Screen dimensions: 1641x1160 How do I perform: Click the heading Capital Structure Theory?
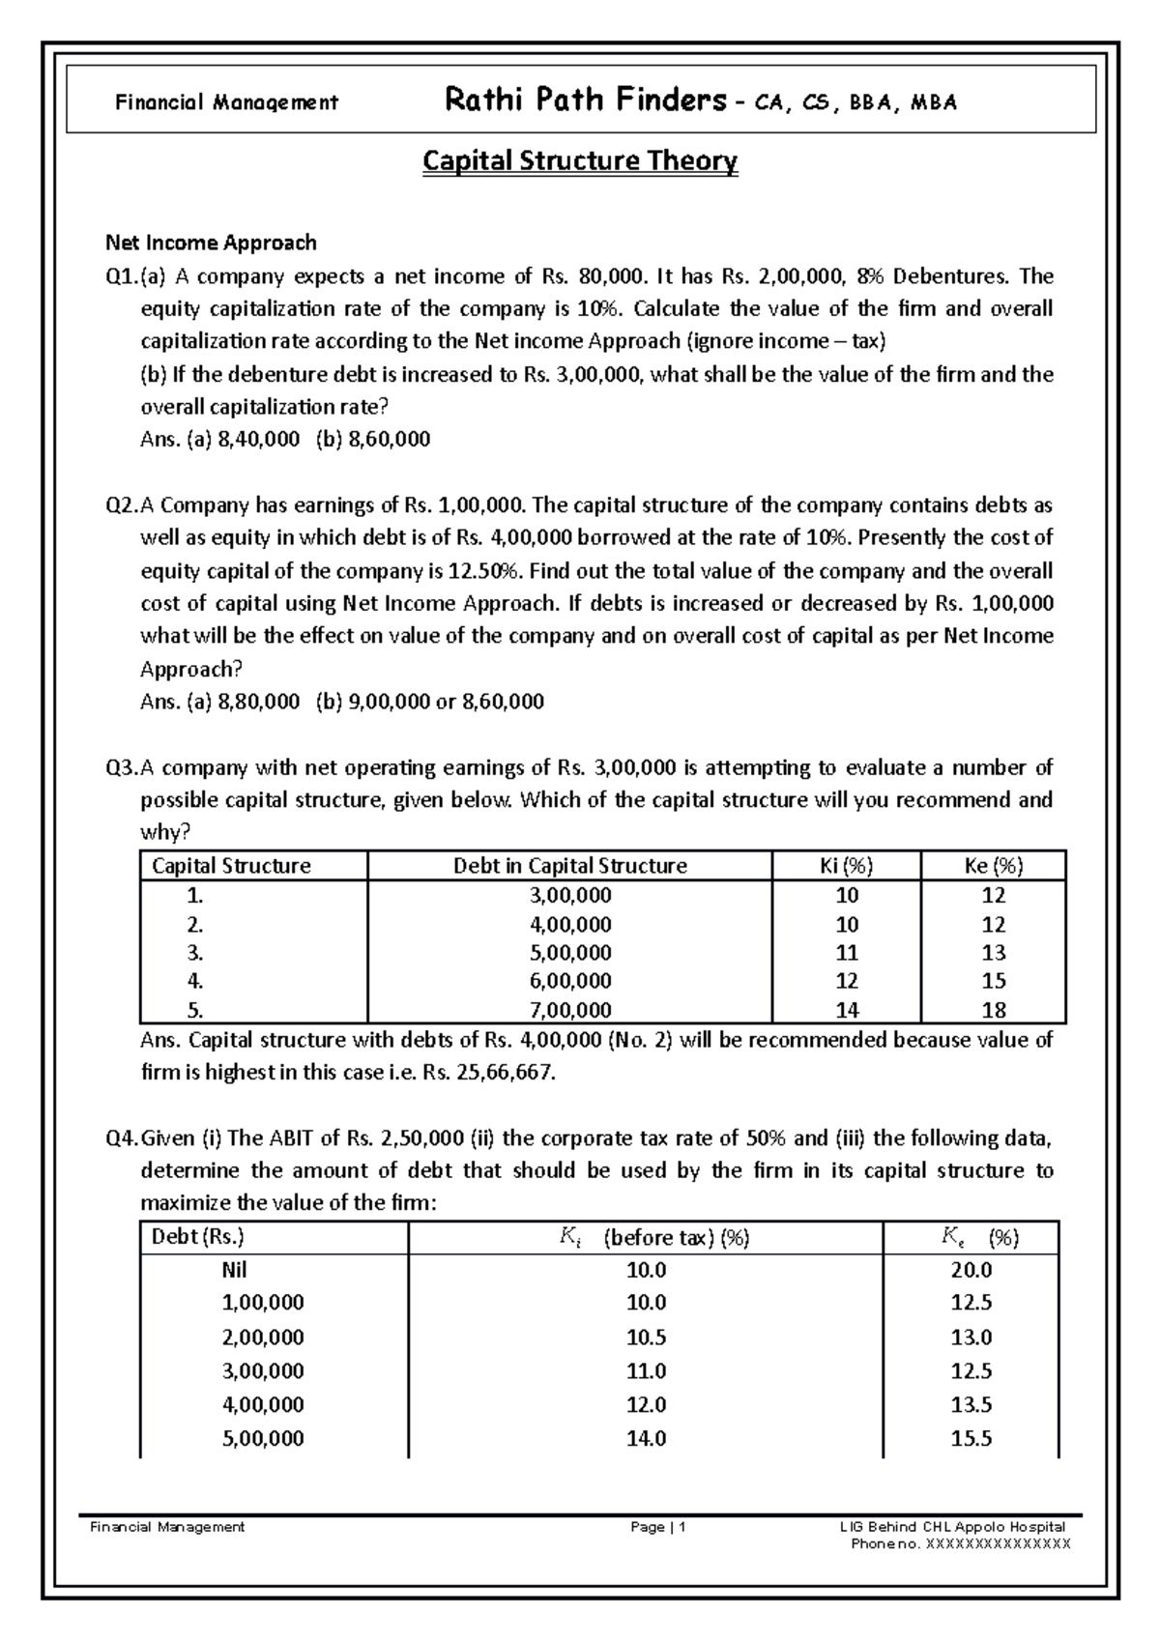coord(580,160)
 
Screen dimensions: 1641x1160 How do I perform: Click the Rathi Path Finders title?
coord(584,100)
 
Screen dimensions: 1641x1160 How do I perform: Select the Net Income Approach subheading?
coord(211,242)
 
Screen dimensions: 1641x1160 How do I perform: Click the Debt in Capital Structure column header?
coord(570,866)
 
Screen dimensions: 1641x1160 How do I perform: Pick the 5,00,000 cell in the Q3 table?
coord(570,953)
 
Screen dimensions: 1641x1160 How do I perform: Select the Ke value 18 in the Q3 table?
coord(993,1011)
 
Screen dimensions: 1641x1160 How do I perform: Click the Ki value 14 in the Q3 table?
coord(847,1011)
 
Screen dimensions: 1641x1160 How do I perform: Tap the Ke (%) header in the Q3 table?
coord(993,866)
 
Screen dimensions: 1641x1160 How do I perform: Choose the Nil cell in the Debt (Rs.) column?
coord(241,1270)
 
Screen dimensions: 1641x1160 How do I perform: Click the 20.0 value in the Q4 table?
coord(971,1270)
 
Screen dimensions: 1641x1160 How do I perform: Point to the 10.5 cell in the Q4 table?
coord(646,1338)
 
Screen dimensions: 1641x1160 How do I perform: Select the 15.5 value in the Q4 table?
coord(971,1439)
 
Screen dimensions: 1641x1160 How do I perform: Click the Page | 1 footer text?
coord(657,1527)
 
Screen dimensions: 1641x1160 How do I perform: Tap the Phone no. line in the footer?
coord(960,1543)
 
